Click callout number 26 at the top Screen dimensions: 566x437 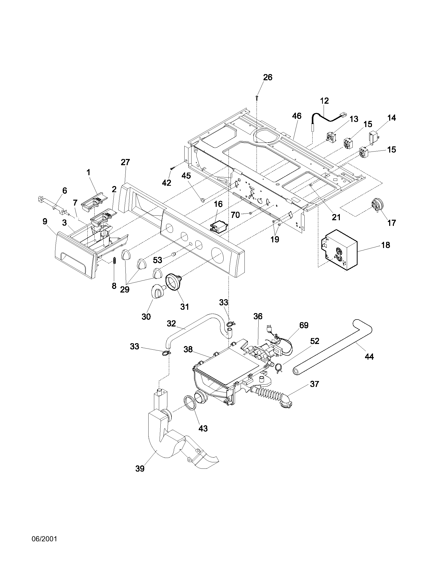268,77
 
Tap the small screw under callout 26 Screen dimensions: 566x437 257,97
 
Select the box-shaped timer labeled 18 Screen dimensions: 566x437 339,250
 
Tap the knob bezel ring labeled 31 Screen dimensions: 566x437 173,282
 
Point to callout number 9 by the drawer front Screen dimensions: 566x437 45,221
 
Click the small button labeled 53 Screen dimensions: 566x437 174,255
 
